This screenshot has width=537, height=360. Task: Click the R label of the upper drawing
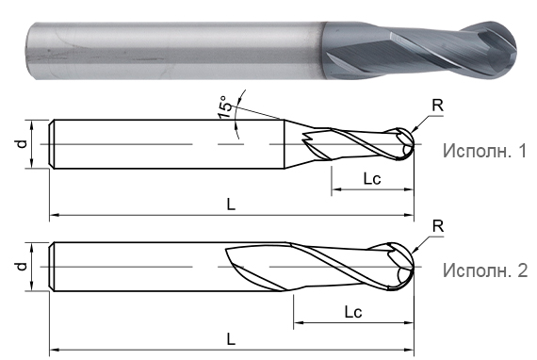click(x=436, y=106)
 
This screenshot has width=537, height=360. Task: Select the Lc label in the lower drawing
click(x=354, y=311)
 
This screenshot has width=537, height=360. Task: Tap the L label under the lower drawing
click(x=232, y=337)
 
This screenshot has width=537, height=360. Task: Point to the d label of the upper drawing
click(x=22, y=144)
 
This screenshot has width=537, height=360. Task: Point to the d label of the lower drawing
click(x=22, y=267)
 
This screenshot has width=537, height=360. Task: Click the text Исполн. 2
click(x=484, y=270)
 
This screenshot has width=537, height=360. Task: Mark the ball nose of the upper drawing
click(x=402, y=144)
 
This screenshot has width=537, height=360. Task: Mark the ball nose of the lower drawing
click(x=400, y=267)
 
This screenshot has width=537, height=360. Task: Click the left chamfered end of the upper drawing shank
click(x=52, y=144)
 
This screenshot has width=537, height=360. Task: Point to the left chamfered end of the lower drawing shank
click(x=52, y=267)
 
